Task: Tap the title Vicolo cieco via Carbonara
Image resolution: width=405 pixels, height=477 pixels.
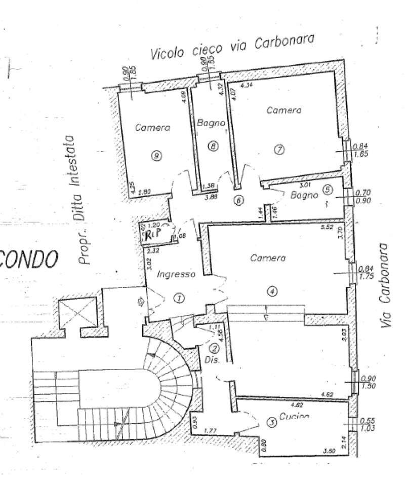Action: (x=232, y=47)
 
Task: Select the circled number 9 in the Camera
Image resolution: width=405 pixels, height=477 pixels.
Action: (x=157, y=156)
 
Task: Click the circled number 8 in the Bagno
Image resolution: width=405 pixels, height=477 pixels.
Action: (x=213, y=146)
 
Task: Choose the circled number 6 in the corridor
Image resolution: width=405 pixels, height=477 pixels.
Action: (x=238, y=200)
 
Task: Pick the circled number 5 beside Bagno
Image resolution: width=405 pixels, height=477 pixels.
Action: (x=327, y=190)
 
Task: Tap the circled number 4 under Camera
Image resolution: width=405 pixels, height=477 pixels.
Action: (x=272, y=291)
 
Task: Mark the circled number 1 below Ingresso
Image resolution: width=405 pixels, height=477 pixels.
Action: (x=178, y=298)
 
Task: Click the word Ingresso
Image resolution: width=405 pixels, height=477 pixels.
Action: (x=176, y=275)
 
